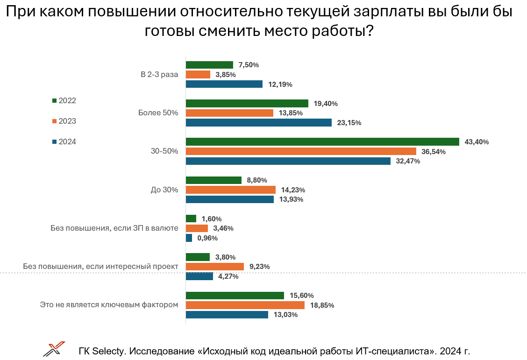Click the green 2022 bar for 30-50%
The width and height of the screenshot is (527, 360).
click(x=322, y=142)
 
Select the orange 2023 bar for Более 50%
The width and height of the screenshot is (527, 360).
click(x=229, y=113)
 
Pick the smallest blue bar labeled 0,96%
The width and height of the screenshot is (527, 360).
click(x=189, y=238)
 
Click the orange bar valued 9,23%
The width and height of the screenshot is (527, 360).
click(x=215, y=267)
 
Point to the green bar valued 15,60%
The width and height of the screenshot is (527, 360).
click(x=235, y=296)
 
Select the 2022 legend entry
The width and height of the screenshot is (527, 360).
click(x=64, y=100)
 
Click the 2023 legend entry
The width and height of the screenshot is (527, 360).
click(x=64, y=121)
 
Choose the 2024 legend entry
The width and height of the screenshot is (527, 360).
click(x=64, y=142)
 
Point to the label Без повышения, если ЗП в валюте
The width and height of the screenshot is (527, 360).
click(x=114, y=228)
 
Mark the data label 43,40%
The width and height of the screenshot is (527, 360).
click(x=477, y=142)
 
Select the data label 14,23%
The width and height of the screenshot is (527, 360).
click(x=293, y=190)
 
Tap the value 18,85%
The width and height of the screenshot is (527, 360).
click(x=322, y=305)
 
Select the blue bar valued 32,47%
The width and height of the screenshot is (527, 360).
click(x=288, y=161)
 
